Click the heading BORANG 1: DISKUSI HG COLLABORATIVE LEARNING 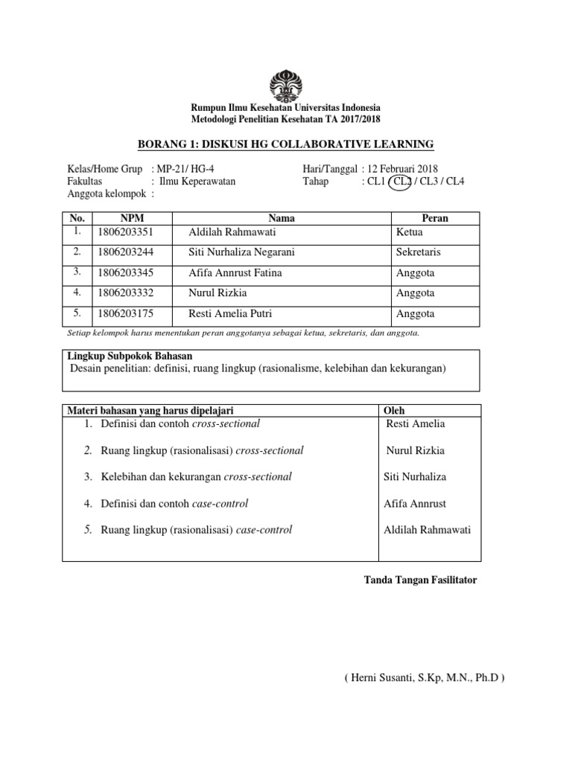click(x=286, y=144)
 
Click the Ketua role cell click(x=410, y=232)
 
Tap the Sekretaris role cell click(x=419, y=252)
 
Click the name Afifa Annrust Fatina click(x=235, y=273)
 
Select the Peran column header click(x=435, y=218)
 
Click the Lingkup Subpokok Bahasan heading click(x=120, y=356)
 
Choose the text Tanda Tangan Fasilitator click(x=420, y=580)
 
